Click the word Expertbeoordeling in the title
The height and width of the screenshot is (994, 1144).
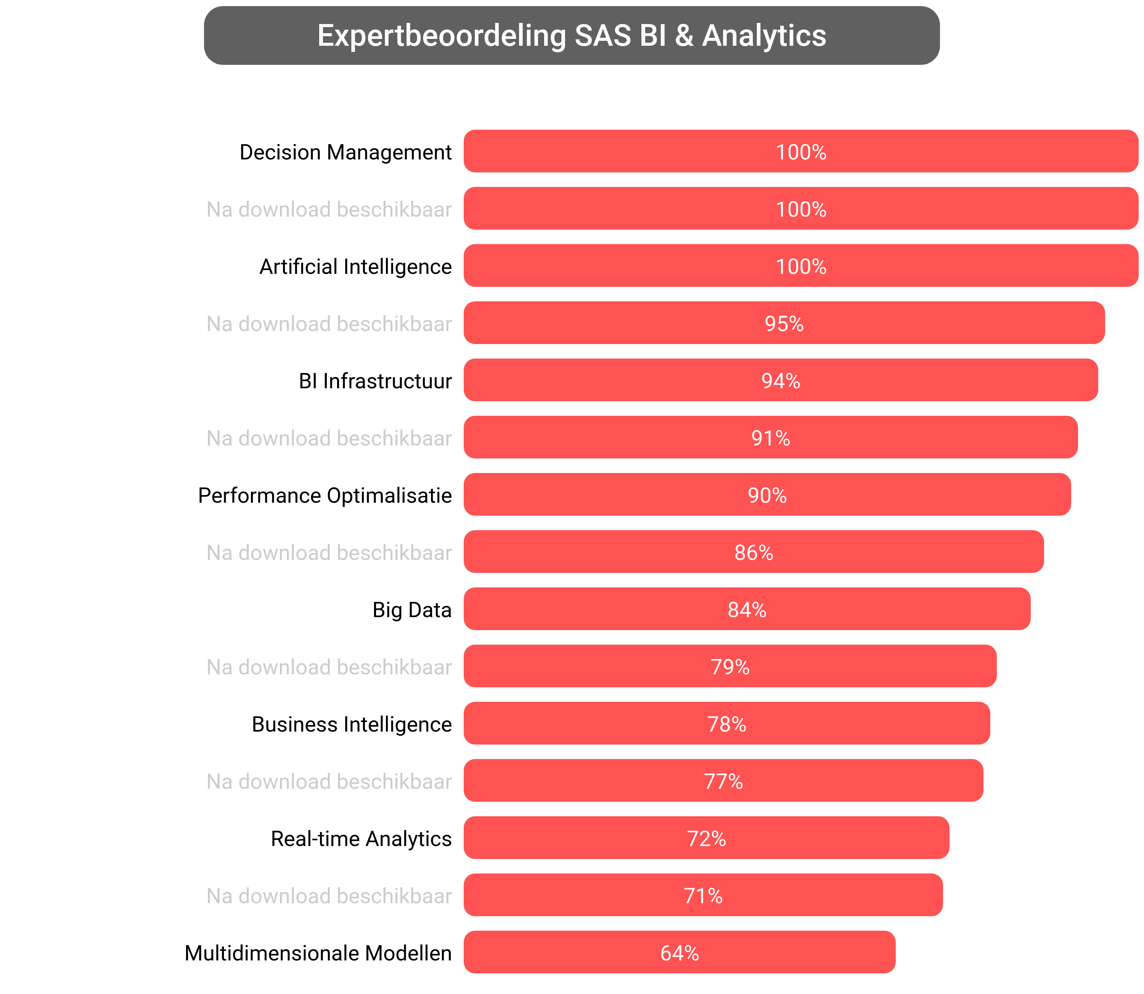pos(442,36)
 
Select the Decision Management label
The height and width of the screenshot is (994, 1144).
pos(345,152)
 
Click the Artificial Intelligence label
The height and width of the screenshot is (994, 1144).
pos(355,266)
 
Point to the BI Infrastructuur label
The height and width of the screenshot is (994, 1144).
pos(375,381)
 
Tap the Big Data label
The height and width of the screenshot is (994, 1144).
pos(411,610)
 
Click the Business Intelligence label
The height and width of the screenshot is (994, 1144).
pos(351,724)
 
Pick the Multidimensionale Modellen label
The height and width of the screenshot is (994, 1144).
pos(318,953)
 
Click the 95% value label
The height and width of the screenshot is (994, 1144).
pos(784,324)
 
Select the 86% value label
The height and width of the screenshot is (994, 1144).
pos(753,552)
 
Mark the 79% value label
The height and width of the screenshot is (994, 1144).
pos(730,667)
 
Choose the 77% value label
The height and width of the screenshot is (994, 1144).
pos(723,781)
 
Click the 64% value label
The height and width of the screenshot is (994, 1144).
pos(679,953)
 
